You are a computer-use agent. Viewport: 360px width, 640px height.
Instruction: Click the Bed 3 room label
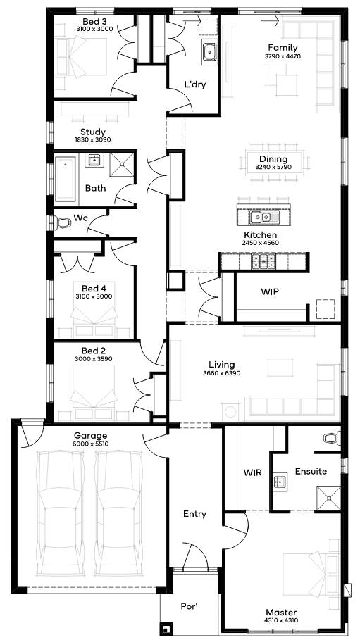click(92, 21)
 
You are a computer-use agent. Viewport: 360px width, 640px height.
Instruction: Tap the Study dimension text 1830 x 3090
click(93, 139)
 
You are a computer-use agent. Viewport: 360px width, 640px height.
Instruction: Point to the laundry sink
click(209, 52)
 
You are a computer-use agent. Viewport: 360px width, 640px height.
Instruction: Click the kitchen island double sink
click(261, 217)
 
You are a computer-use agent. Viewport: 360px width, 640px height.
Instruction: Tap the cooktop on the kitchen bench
click(263, 261)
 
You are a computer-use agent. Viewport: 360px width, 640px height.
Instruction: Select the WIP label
click(270, 291)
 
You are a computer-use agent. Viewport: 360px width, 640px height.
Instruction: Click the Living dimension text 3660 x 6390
click(221, 372)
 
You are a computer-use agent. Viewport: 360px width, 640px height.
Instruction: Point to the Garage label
click(90, 436)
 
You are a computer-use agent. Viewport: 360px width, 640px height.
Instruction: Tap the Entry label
click(194, 514)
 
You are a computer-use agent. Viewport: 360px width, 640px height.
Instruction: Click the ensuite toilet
click(333, 438)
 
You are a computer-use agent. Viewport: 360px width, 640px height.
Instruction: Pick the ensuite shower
click(329, 498)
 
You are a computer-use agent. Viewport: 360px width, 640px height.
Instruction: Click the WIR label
click(252, 472)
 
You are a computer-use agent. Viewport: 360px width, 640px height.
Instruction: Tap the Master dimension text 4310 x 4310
click(281, 620)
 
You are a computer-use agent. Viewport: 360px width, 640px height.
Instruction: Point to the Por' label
click(190, 606)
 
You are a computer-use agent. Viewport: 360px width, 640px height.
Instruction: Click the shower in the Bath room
click(122, 165)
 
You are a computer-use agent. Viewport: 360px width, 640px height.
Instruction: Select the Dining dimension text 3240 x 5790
click(273, 167)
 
